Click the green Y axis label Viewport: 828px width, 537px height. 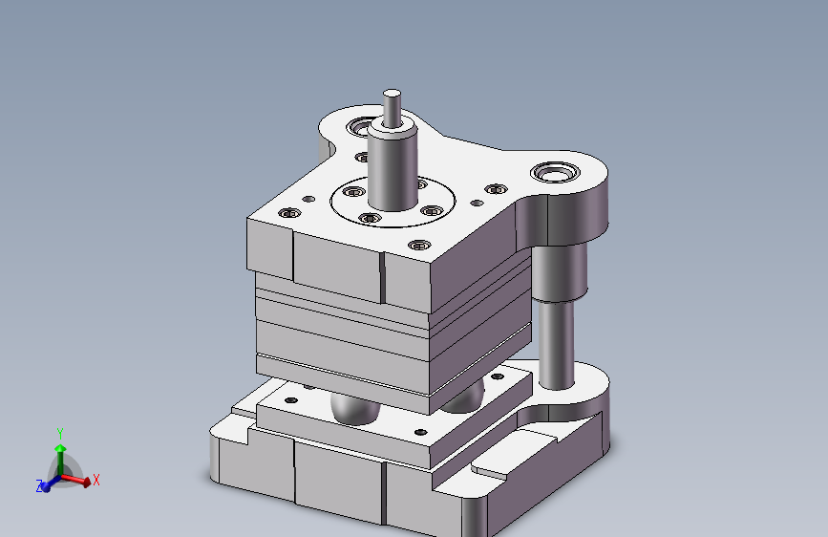(x=60, y=434)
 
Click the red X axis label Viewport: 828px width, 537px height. (x=96, y=480)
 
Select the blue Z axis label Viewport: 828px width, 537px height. (x=39, y=486)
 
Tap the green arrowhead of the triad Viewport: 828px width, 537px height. (x=60, y=449)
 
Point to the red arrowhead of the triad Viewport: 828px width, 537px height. (x=87, y=482)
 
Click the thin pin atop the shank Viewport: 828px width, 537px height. (x=392, y=108)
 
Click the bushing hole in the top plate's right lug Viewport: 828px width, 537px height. (x=555, y=172)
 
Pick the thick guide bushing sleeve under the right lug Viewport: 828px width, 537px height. (x=560, y=272)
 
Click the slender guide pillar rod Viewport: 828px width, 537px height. (x=556, y=344)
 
